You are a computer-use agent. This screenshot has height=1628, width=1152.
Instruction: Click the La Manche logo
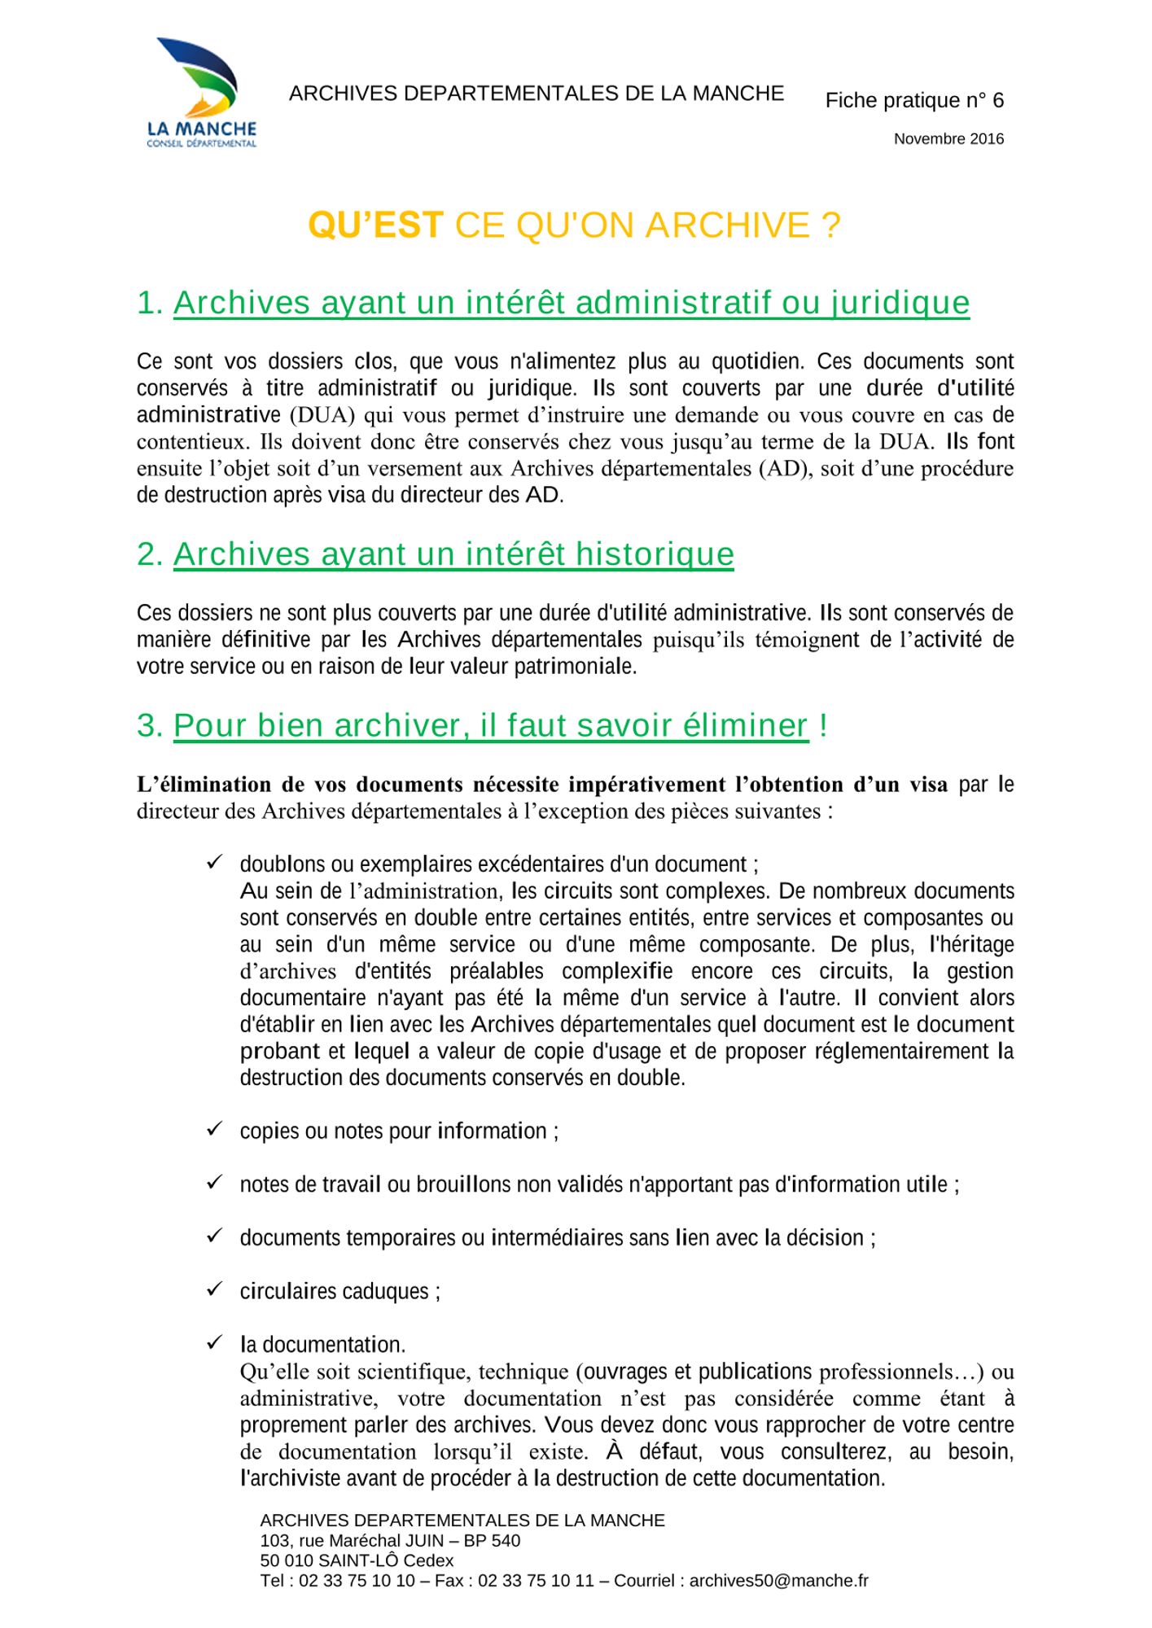pyautogui.click(x=201, y=92)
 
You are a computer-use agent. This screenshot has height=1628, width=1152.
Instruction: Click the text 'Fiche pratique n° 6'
pyautogui.click(x=914, y=100)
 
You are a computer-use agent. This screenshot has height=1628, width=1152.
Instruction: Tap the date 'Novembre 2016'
pyautogui.click(x=948, y=139)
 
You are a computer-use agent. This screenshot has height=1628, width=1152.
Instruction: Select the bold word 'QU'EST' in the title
pyautogui.click(x=375, y=225)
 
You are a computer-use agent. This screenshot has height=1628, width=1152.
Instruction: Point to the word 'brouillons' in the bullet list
pyautogui.click(x=463, y=1184)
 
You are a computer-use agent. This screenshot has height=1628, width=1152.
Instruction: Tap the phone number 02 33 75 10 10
pyautogui.click(x=357, y=1581)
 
